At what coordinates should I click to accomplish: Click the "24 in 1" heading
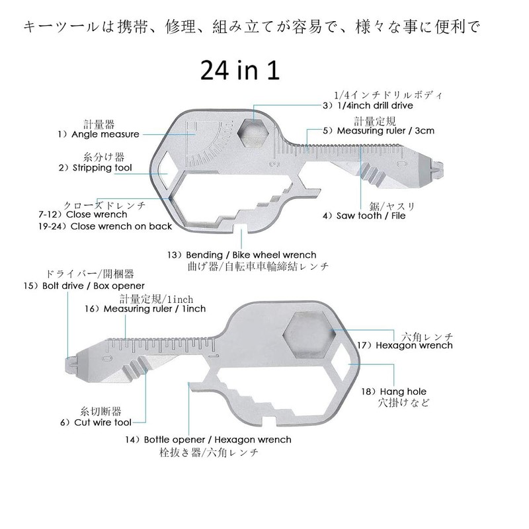(240, 70)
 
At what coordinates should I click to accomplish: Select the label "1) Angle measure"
(99, 134)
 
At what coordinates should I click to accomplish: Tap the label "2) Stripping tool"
(95, 168)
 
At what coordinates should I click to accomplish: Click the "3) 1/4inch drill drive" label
(368, 106)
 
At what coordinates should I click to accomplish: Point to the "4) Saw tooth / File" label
(364, 216)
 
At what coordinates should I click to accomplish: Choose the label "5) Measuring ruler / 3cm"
(378, 130)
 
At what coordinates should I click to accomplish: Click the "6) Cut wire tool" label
(96, 423)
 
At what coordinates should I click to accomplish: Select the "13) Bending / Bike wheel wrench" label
(242, 255)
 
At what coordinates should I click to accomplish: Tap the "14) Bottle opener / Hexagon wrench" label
(208, 440)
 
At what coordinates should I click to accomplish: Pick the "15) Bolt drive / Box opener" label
(84, 286)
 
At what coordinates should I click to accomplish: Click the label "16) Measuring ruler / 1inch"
(145, 309)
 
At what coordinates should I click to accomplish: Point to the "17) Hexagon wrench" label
(405, 345)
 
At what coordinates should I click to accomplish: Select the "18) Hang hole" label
(393, 391)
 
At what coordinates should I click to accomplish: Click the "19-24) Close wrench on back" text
(105, 226)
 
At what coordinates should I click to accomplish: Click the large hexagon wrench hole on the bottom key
(309, 335)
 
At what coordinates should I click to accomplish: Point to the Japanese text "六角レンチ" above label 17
(427, 337)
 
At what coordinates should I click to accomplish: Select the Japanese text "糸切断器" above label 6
(101, 411)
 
